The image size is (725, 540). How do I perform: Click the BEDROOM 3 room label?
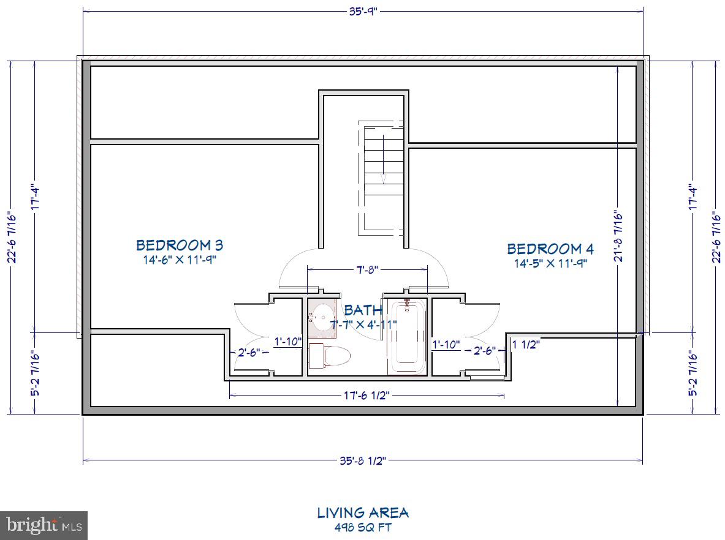click(x=180, y=246)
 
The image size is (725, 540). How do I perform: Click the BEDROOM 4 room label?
click(x=550, y=249)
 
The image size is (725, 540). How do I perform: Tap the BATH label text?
click(x=363, y=310)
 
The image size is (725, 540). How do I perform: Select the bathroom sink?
click(x=322, y=318)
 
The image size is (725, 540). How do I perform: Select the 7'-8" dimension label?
click(x=367, y=269)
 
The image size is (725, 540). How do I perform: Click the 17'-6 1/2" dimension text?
click(x=366, y=396)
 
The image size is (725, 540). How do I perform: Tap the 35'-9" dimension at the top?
click(x=363, y=10)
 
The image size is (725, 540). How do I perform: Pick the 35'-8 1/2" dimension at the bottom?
click(x=363, y=461)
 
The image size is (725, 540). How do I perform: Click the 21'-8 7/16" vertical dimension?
click(x=618, y=236)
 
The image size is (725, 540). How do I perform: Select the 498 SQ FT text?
click(x=363, y=527)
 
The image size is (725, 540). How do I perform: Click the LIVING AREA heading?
click(x=363, y=512)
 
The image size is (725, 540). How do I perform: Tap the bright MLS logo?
click(x=44, y=525)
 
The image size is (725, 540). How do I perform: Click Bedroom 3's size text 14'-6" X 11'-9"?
click(x=179, y=260)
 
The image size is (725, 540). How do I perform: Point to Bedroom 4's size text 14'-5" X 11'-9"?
click(x=550, y=264)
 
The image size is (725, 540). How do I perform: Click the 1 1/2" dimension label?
click(x=526, y=344)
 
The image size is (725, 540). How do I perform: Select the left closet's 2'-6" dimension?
click(x=249, y=352)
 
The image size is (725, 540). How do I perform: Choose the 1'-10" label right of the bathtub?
click(x=446, y=345)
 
